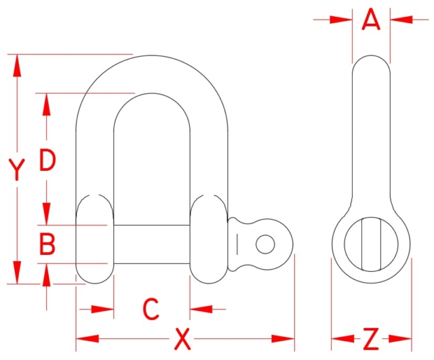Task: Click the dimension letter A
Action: point(371,20)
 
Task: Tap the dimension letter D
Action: point(47,161)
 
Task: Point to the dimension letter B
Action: point(47,244)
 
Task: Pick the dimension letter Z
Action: point(371,338)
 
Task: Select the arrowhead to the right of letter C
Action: point(202,309)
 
